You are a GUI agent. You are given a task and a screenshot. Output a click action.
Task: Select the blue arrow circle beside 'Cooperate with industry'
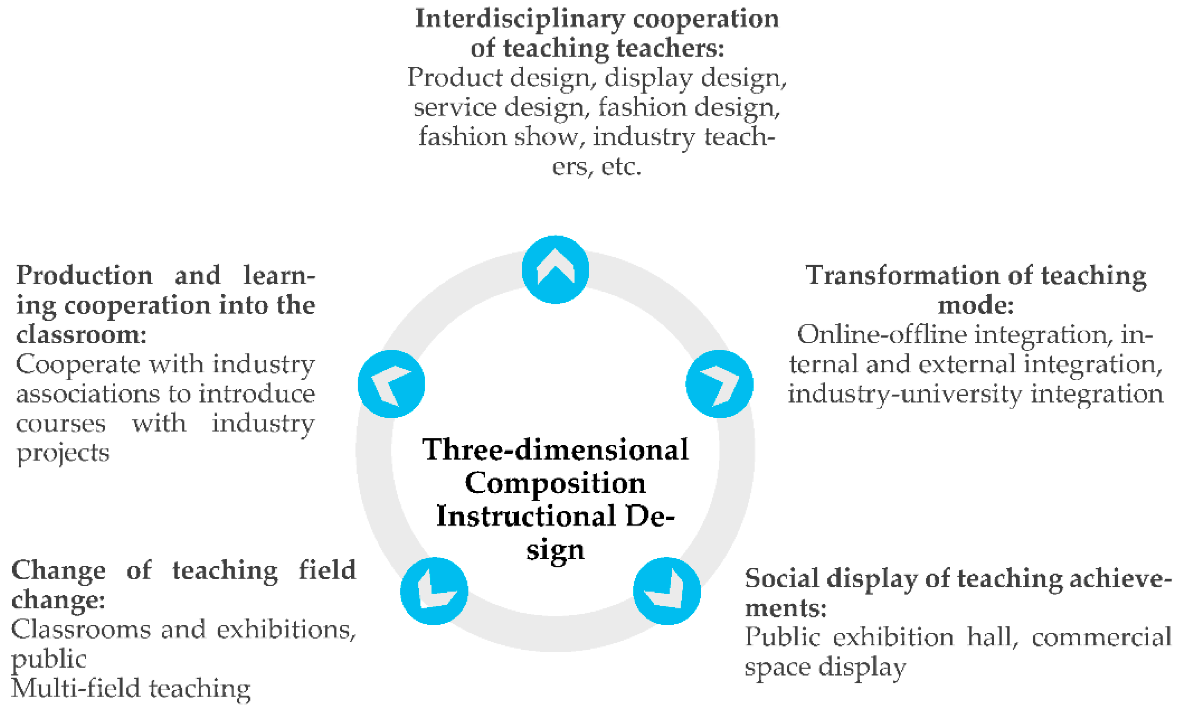coord(391,384)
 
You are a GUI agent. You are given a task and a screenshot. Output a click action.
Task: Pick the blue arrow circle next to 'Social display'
coord(667,591)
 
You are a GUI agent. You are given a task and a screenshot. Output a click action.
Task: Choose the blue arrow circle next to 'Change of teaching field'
coord(434,591)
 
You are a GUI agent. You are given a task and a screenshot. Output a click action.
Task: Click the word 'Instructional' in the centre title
coord(526,516)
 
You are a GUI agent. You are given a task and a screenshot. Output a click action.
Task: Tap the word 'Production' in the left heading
coord(84,276)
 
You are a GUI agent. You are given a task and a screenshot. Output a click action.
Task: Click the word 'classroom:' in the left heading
coord(81,334)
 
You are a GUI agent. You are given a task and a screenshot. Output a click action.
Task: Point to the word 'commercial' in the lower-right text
coord(1102,638)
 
